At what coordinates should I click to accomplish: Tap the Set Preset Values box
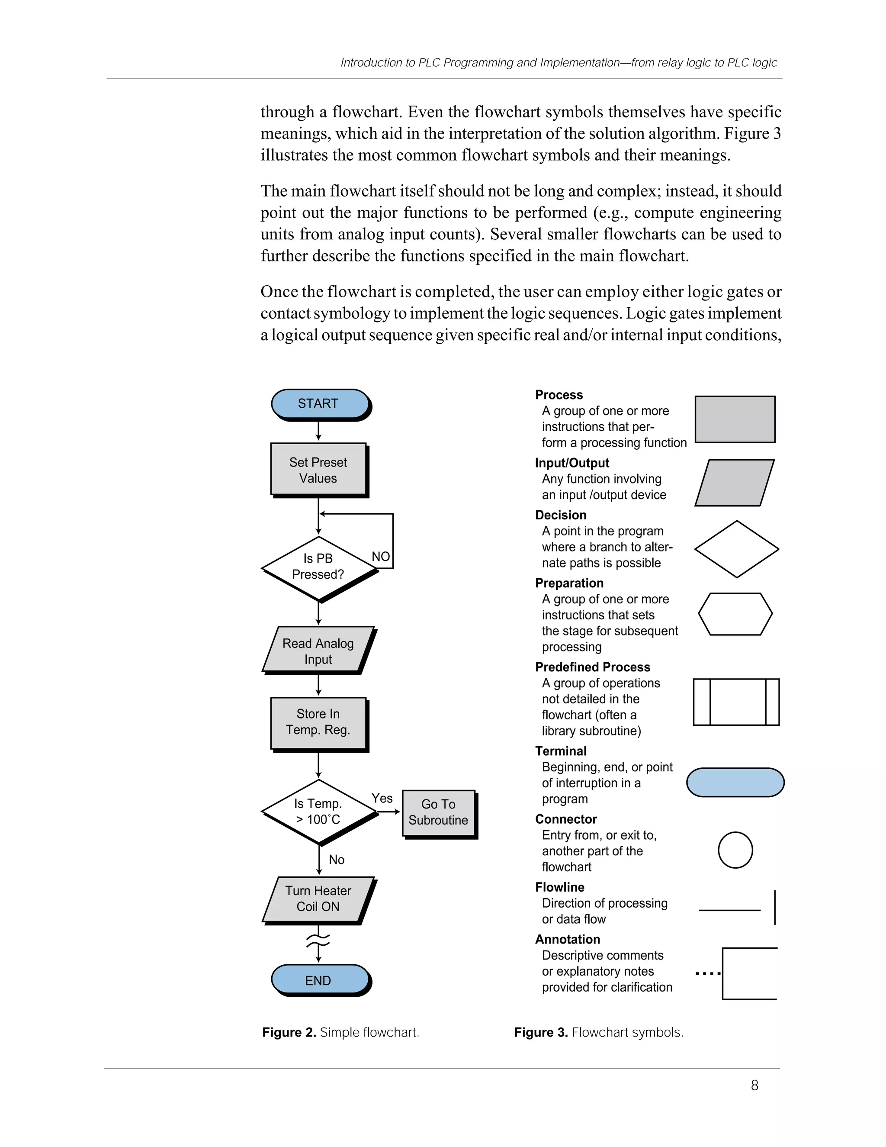(x=318, y=470)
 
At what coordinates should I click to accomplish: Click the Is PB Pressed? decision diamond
(x=318, y=567)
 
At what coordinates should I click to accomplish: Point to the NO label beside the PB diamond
(x=381, y=556)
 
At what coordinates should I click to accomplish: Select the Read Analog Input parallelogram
(x=318, y=650)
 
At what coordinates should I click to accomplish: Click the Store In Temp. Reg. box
(x=318, y=722)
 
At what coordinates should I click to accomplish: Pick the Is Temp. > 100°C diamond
(x=318, y=812)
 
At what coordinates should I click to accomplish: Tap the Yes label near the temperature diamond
(x=382, y=798)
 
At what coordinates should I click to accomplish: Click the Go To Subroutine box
(x=438, y=812)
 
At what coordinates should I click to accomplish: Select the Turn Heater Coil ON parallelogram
(x=318, y=899)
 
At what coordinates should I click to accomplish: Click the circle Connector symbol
(x=735, y=850)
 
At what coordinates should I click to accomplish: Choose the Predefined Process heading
(x=593, y=667)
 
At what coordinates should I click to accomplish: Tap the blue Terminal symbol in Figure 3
(x=735, y=783)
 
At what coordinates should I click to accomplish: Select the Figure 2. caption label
(x=289, y=1032)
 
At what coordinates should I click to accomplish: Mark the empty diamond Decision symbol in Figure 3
(x=736, y=549)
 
